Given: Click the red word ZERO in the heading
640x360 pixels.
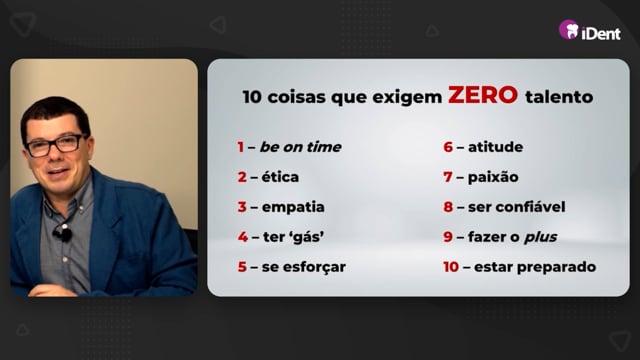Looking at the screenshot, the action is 483,95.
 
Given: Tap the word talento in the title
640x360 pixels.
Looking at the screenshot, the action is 559,97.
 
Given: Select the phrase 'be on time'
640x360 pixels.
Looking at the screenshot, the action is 300,147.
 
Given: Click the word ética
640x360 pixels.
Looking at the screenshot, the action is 280,177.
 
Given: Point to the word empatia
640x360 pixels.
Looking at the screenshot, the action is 293,207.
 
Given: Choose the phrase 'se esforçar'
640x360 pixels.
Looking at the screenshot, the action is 304,267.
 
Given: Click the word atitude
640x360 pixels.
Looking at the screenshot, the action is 496,147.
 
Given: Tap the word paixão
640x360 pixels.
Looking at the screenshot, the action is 493,177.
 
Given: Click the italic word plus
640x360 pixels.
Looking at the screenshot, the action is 540,237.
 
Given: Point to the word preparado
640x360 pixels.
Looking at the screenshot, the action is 556,267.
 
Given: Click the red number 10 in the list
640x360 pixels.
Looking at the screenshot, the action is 451,267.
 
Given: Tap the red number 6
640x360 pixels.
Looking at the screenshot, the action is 448,147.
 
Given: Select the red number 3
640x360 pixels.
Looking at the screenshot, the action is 242,207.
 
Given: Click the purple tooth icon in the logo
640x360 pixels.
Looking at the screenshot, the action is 569,29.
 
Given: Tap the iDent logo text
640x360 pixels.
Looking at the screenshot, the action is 601,33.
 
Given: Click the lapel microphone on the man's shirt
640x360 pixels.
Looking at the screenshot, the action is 62,233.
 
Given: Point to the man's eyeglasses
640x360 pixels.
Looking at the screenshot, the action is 55,145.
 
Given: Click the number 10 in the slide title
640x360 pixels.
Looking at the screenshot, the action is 252,97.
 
